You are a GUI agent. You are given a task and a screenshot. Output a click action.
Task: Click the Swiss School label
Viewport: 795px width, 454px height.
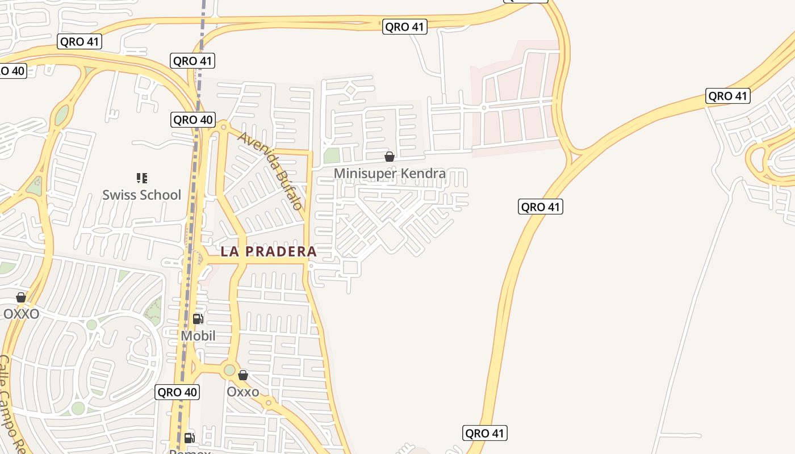[x=141, y=195]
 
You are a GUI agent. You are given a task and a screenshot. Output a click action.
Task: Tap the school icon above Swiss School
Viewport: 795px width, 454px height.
[x=142, y=178]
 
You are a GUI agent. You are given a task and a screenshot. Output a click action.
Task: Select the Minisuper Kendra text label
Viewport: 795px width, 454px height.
[x=390, y=173]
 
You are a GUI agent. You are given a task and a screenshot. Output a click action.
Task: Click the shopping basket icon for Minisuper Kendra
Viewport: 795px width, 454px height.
[x=390, y=157]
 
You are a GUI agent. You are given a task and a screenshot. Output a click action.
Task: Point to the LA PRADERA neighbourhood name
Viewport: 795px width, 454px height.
[x=269, y=251]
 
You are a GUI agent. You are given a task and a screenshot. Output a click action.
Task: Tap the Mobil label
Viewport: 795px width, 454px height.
[x=198, y=335]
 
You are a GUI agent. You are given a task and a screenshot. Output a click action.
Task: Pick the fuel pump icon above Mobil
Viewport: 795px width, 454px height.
[x=198, y=319]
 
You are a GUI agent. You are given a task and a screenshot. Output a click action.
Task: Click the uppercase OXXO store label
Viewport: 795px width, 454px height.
[x=22, y=314]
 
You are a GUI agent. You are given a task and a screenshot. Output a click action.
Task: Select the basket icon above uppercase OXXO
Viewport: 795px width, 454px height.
[x=21, y=297]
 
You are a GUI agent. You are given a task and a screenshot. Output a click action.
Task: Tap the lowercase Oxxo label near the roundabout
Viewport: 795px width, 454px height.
[x=242, y=392]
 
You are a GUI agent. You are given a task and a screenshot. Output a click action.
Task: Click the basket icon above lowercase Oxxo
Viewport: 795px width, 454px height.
[x=243, y=375]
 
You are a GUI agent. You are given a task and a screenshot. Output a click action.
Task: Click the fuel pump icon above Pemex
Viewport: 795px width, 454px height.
[x=190, y=438]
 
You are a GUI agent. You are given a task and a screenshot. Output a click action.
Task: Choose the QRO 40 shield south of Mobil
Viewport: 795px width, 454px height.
[x=177, y=392]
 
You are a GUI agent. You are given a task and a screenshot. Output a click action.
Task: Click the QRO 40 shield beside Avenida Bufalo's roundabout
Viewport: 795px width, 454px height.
[x=193, y=120]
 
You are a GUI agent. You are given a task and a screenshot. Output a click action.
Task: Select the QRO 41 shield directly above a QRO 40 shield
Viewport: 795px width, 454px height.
[x=193, y=61]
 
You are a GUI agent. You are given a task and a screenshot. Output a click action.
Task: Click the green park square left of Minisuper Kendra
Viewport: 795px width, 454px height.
[x=331, y=155]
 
